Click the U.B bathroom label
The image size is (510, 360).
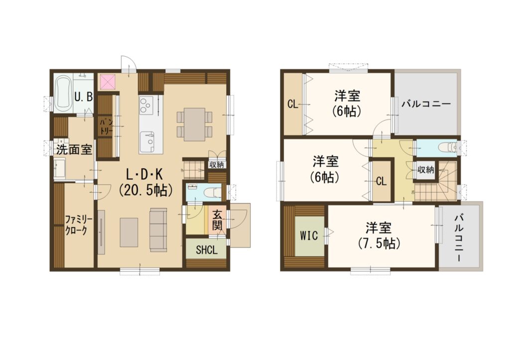84,97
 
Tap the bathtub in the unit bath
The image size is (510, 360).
62,94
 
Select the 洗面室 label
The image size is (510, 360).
74,149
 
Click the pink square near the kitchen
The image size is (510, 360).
108,82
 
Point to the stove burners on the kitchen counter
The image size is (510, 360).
145,105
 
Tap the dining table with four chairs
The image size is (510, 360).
194,124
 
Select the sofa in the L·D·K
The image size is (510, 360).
158,230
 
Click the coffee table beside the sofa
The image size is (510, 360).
129,232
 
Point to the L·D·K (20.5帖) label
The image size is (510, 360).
145,183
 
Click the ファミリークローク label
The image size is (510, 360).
79,225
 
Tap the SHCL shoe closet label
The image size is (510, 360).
206,250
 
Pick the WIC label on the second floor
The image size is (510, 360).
309,235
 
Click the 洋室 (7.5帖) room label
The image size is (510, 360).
379,236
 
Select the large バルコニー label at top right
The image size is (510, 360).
426,104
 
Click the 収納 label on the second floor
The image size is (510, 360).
426,169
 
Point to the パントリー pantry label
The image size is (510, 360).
107,127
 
